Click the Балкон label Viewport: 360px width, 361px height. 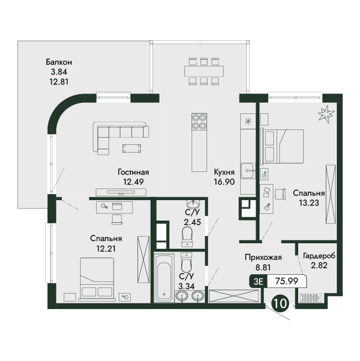click(x=59, y=62)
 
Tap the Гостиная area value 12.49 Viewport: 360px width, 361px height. click(x=133, y=182)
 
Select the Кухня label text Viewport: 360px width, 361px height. click(x=224, y=172)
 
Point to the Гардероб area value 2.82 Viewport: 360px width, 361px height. click(x=319, y=265)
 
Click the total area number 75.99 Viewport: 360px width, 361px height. click(x=287, y=281)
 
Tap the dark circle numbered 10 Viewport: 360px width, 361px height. click(x=280, y=303)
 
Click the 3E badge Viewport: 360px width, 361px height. click(x=258, y=281)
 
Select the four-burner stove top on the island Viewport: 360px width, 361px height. click(x=199, y=122)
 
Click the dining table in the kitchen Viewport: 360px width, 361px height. click(x=204, y=71)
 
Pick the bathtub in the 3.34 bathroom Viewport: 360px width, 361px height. click(x=164, y=278)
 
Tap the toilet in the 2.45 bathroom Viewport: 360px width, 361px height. click(x=187, y=237)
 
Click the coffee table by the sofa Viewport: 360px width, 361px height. click(x=132, y=149)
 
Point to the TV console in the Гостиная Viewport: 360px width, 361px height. click(x=121, y=192)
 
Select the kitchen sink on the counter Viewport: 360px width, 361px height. click(x=248, y=170)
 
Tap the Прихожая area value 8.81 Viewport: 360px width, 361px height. click(x=263, y=268)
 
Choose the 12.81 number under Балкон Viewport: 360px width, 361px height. click(x=59, y=82)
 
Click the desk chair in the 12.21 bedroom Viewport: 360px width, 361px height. click(x=117, y=219)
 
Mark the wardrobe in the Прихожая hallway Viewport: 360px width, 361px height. click(x=234, y=296)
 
